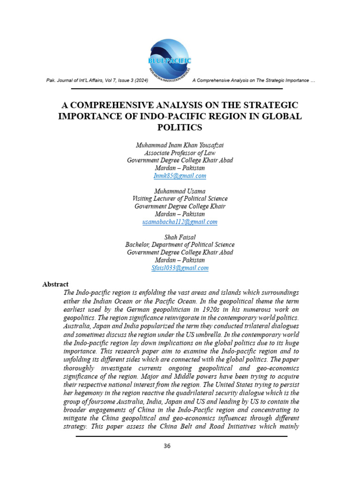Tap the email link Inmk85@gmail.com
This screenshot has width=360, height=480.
pyautogui.click(x=180, y=176)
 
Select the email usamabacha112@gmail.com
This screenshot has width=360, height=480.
pyautogui.click(x=180, y=222)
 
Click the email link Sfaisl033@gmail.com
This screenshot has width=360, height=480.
pyautogui.click(x=180, y=268)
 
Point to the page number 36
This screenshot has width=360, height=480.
pyautogui.click(x=167, y=446)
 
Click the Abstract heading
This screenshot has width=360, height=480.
pyautogui.click(x=55, y=284)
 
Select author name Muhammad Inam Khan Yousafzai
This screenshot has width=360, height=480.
pyautogui.click(x=180, y=145)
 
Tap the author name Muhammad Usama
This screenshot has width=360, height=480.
pyautogui.click(x=180, y=191)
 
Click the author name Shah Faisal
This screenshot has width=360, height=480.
pyautogui.click(x=180, y=237)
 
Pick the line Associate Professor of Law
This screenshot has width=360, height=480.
pyautogui.click(x=180, y=153)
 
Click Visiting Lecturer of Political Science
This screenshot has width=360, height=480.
pyautogui.click(x=180, y=199)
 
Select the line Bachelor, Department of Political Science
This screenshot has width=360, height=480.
pyautogui.click(x=180, y=245)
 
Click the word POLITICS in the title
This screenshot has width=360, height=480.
pyautogui.click(x=180, y=127)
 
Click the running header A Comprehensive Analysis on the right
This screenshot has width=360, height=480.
pyautogui.click(x=254, y=81)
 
